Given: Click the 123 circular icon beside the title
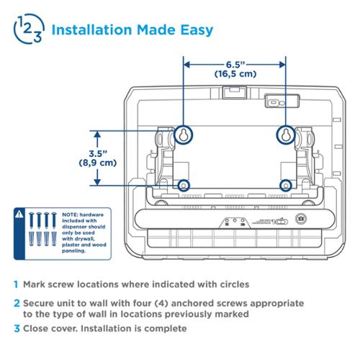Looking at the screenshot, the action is [29, 29].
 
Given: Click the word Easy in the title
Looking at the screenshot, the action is [197, 30].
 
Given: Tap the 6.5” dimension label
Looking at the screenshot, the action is [235, 65].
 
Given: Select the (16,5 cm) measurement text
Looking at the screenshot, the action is [235, 73].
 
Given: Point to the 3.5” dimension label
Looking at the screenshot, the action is [98, 153].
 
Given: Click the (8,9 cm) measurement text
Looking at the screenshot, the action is [98, 163].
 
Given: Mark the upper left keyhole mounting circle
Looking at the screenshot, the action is [184, 135].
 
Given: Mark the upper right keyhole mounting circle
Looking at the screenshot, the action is [286, 135].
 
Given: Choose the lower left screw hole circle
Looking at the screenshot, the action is [184, 186].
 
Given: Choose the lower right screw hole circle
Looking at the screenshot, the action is [286, 186].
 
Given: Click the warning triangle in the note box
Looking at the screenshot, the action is [19, 214].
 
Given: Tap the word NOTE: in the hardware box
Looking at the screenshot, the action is [70, 215].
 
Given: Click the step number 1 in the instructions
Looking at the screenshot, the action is [16, 284].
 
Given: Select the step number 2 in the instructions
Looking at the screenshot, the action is [17, 303].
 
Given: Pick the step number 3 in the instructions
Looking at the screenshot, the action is [17, 328].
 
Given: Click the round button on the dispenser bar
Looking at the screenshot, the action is [300, 219].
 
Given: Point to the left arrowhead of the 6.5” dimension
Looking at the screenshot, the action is [186, 65].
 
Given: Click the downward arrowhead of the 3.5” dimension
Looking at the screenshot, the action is [97, 181].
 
